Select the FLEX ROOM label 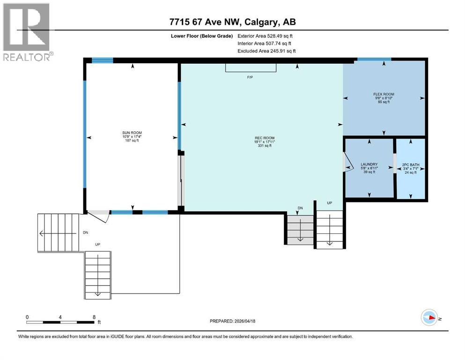coord(384,94)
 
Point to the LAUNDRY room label coord(369,165)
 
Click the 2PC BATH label coord(411,165)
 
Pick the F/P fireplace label coord(250,77)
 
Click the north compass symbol coord(429,317)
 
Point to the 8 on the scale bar coord(94,317)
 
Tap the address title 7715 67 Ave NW coord(232,22)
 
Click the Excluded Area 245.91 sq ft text coord(266,51)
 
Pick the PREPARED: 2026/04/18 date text coord(232,321)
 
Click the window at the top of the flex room coord(374,60)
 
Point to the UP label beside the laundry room coord(329,203)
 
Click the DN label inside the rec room coord(300,208)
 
